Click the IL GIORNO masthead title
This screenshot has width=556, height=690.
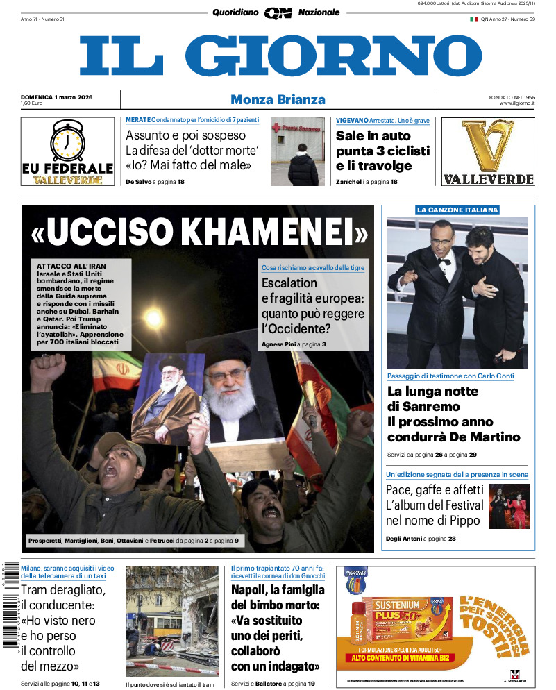[280, 56]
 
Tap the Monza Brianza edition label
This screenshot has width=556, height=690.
[278, 99]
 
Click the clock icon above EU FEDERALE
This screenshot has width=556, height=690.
[67, 140]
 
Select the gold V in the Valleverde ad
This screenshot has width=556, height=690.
[488, 145]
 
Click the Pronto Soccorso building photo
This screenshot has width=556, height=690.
[297, 151]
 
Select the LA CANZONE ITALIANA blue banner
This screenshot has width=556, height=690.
[457, 210]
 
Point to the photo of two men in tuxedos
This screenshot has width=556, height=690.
[457, 292]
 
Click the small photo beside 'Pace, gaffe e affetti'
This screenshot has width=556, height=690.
[508, 506]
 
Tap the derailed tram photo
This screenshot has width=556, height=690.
[172, 621]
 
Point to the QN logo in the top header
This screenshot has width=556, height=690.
[278, 12]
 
